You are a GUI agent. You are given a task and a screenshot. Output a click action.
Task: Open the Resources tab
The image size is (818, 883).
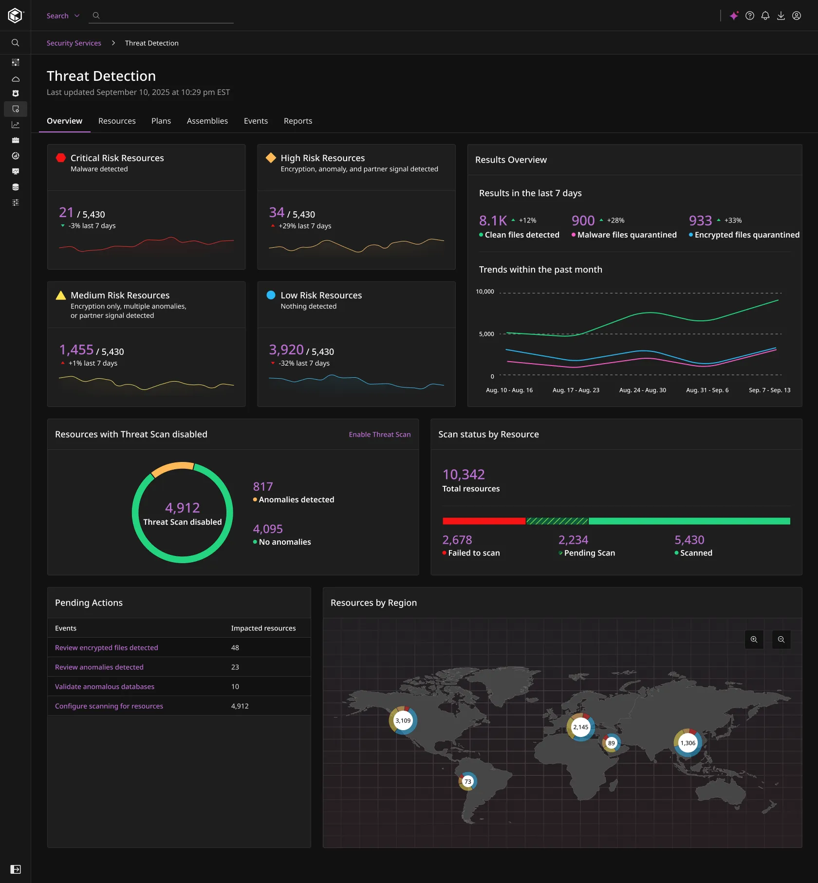[117, 121]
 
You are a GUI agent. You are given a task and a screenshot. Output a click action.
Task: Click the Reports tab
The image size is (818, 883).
[297, 121]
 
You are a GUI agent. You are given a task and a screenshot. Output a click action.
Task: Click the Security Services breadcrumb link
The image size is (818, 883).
[74, 43]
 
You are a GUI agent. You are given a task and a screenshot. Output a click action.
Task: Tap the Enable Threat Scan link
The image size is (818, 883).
[379, 434]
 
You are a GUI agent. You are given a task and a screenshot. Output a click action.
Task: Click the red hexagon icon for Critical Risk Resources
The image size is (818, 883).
[61, 158]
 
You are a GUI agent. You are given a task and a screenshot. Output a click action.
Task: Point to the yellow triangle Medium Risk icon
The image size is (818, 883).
[61, 295]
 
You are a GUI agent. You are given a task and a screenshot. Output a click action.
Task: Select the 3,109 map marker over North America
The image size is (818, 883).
[403, 720]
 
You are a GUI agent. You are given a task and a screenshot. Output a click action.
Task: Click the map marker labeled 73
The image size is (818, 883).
[467, 781]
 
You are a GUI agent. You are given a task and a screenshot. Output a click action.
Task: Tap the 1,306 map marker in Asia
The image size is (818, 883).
[688, 743]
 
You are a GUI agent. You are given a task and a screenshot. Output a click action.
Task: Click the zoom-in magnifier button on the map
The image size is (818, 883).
[754, 640]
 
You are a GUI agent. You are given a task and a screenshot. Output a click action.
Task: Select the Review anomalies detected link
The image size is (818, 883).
[99, 667]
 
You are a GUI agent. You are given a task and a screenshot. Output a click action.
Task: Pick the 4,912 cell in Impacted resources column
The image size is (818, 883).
[240, 706]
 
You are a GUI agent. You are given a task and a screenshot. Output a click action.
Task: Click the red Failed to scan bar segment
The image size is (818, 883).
[483, 521]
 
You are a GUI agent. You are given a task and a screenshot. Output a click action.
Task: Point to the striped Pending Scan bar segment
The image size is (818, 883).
[557, 521]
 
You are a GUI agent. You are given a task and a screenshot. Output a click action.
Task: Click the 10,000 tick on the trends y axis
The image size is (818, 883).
[484, 292]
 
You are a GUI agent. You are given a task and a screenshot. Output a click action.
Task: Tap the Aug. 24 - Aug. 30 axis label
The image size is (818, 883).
[642, 390]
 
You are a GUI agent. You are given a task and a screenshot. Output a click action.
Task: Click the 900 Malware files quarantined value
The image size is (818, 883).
[583, 221]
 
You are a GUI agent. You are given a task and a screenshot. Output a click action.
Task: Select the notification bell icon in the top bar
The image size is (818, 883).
[765, 16]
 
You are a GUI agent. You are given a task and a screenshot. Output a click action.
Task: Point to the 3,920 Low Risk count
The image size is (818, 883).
[286, 350]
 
